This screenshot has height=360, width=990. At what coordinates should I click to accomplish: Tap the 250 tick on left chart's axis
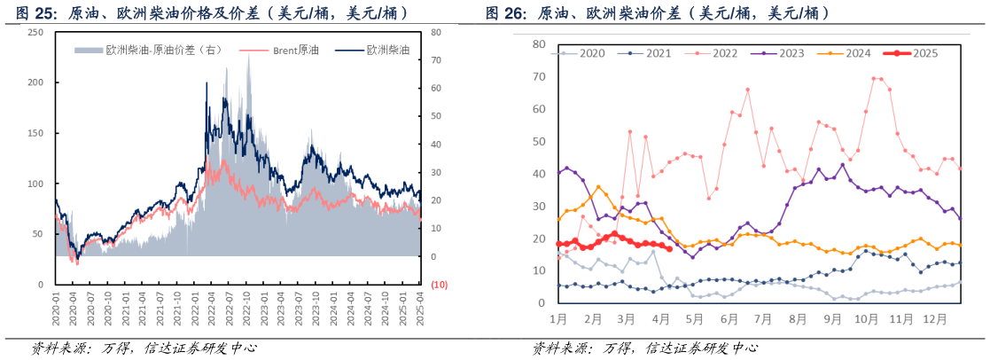click(x=35, y=32)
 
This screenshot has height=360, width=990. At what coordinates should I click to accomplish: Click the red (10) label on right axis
click(x=438, y=285)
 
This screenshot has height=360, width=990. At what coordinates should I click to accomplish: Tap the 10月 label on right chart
click(x=869, y=317)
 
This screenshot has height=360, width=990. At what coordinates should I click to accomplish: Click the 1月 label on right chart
click(x=559, y=317)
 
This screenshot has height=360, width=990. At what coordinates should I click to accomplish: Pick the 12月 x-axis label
click(x=935, y=317)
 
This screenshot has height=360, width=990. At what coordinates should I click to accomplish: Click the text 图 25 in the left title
click(x=32, y=13)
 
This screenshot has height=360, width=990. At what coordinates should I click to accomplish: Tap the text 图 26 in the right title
click(x=504, y=13)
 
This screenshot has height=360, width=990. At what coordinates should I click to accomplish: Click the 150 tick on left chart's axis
click(x=35, y=133)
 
